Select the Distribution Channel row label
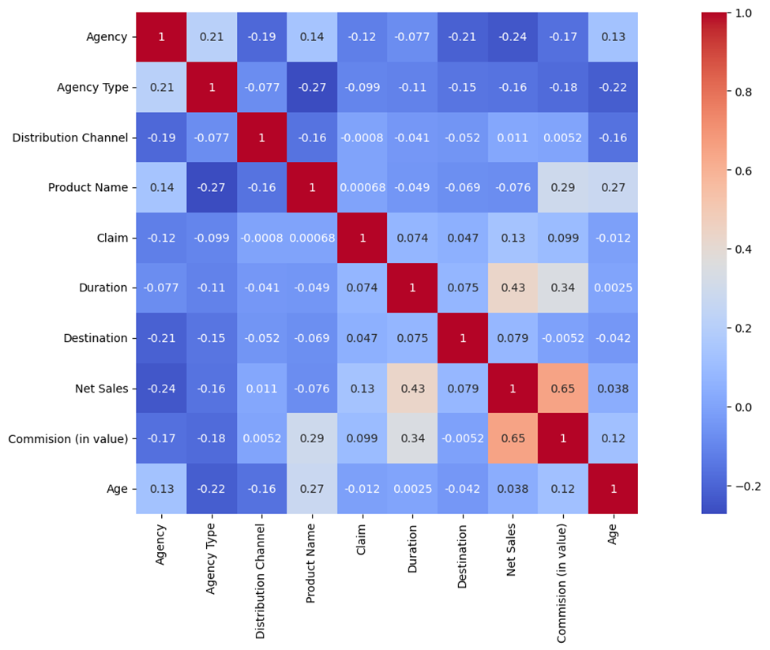(x=70, y=138)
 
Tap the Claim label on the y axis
(x=111, y=238)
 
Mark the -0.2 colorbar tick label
(x=743, y=486)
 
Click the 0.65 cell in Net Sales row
(x=562, y=389)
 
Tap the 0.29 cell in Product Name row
(x=562, y=188)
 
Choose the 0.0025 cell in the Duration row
(x=612, y=288)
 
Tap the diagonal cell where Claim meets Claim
(x=362, y=238)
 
